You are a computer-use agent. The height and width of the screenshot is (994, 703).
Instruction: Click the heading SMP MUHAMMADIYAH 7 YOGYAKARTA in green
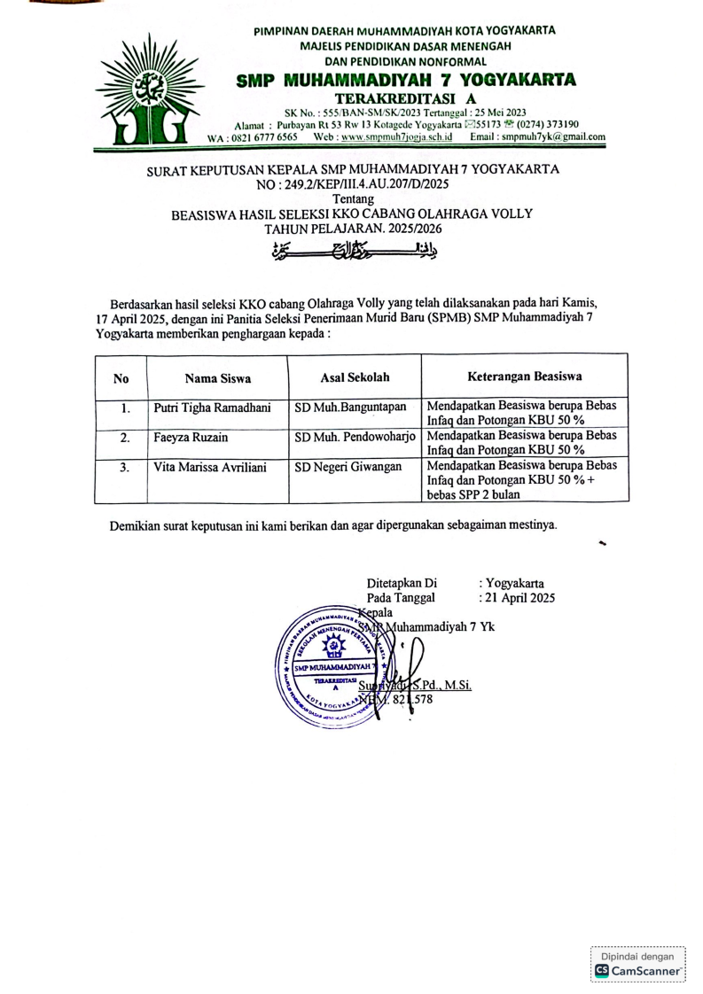[407, 80]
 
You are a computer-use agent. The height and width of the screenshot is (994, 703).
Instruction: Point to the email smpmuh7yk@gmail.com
[550, 137]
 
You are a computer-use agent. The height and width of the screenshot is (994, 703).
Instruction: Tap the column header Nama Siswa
[218, 378]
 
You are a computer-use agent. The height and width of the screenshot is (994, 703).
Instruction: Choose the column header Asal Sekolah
[355, 377]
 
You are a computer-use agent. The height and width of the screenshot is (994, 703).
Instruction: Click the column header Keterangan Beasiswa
[524, 377]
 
